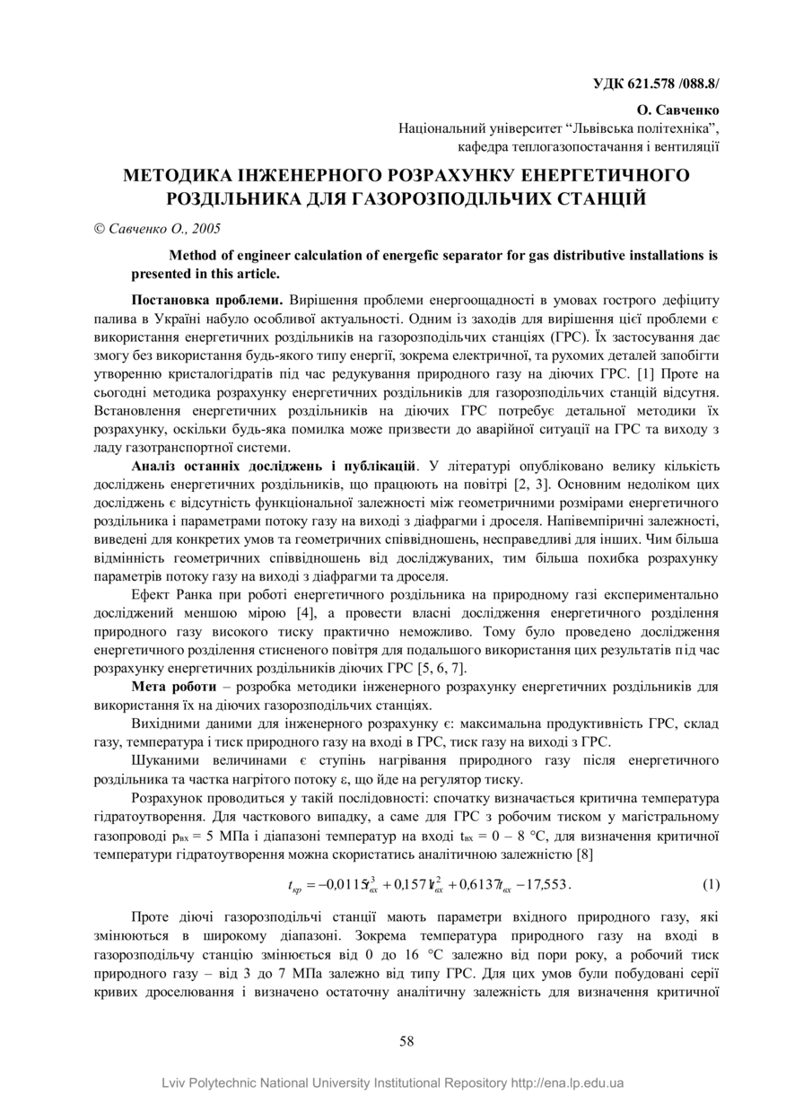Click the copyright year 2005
click(206, 229)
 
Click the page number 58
click(406, 1041)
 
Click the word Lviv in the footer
click(177, 1082)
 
